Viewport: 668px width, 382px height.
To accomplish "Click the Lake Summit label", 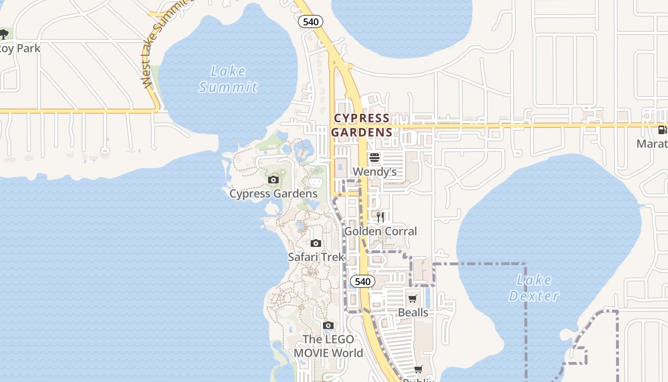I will pos(228,79).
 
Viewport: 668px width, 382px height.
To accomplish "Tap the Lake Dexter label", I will pos(533,288).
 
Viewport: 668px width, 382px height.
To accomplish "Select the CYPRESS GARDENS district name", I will pos(362,125).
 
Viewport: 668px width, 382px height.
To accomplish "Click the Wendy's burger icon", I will pos(375,158).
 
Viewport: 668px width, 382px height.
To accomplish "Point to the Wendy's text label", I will pos(375,171).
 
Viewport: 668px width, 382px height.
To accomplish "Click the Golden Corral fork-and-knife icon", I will pos(380,217).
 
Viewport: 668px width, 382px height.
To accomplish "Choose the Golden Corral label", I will pos(380,231).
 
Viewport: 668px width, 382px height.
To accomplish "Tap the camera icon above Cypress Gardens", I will pos(273,180).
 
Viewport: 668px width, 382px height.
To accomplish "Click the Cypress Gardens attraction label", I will pos(273,193).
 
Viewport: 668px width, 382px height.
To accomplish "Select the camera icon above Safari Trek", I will pos(315,244).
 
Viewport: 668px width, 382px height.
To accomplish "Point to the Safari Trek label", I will pos(316,257).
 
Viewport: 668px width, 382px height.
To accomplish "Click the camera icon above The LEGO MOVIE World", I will pos(328,326).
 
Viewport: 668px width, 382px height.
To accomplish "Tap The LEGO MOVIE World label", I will pos(328,346).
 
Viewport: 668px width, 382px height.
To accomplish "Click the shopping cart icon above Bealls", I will pos(413,299).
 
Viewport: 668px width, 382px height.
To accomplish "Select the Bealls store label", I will pos(413,312).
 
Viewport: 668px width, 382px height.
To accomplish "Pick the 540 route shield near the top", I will pos(311,21).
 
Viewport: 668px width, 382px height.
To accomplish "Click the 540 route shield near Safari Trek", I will pos(363,281).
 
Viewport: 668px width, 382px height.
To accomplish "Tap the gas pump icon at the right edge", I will pos(662,129).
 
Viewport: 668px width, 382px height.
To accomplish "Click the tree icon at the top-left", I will pos(4,34).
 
